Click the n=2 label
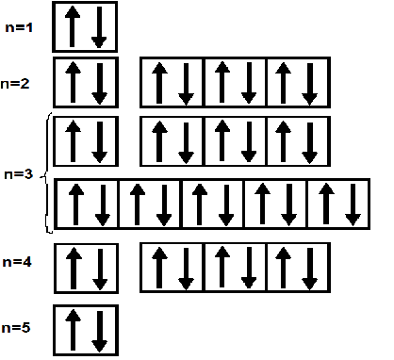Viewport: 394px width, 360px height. (x=20, y=85)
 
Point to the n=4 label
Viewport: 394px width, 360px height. (x=20, y=261)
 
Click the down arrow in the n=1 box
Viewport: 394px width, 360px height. (x=99, y=28)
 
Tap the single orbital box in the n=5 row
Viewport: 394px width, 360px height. (x=87, y=330)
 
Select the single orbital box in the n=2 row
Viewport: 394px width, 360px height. (x=87, y=83)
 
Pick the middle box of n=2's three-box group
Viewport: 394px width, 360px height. (x=235, y=83)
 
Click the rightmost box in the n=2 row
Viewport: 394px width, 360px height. (x=298, y=83)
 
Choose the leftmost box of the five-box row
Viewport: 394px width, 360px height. (x=87, y=204)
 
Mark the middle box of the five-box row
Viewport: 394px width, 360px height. (x=212, y=204)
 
